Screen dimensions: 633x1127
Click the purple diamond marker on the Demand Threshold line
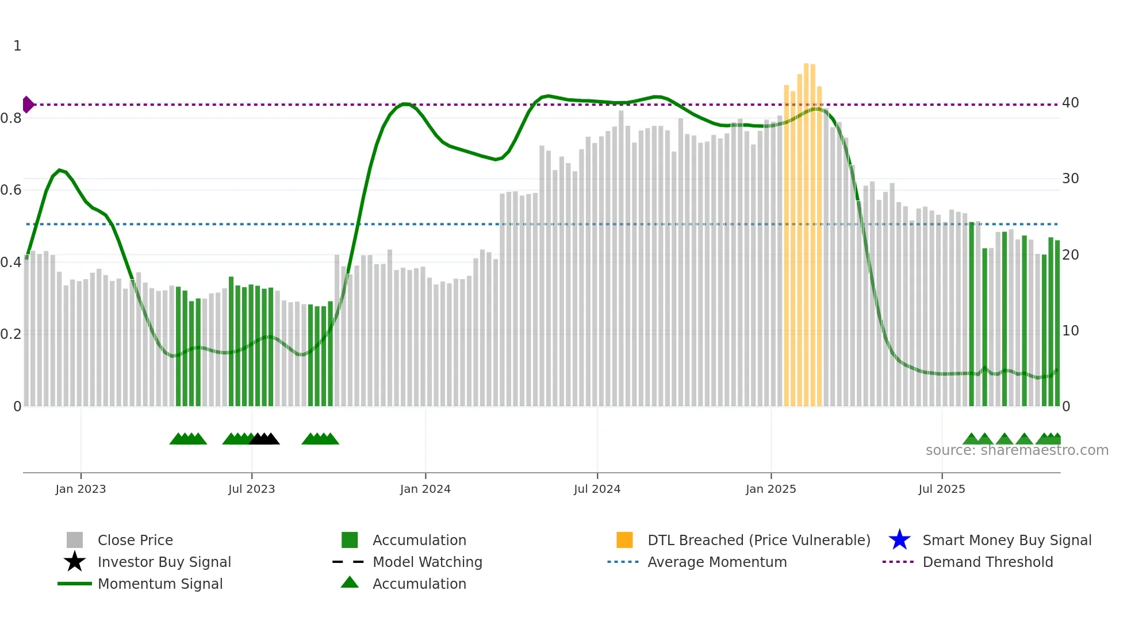(x=28, y=105)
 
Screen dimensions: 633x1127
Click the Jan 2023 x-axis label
(x=80, y=489)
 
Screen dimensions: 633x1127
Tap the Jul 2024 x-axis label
(x=597, y=489)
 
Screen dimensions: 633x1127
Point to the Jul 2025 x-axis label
(x=941, y=489)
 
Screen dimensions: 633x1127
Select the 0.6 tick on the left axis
(x=11, y=190)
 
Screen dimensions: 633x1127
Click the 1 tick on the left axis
(x=17, y=46)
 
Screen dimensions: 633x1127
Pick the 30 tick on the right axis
(x=1070, y=179)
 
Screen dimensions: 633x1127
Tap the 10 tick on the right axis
(x=1070, y=331)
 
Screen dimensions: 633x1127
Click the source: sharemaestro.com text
(x=1017, y=450)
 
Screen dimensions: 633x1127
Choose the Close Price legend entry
(x=135, y=540)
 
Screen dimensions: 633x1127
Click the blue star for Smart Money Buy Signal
(x=899, y=540)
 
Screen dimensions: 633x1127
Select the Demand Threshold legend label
(x=987, y=562)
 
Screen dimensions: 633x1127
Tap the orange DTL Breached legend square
(x=624, y=540)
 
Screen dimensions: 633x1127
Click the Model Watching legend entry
(x=427, y=562)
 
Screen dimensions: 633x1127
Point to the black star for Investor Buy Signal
(x=75, y=562)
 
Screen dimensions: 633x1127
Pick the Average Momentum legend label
(x=717, y=562)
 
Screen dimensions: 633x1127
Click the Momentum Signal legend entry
(x=160, y=584)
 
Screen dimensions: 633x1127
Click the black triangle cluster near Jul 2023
(x=264, y=439)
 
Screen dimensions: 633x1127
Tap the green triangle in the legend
(x=350, y=582)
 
